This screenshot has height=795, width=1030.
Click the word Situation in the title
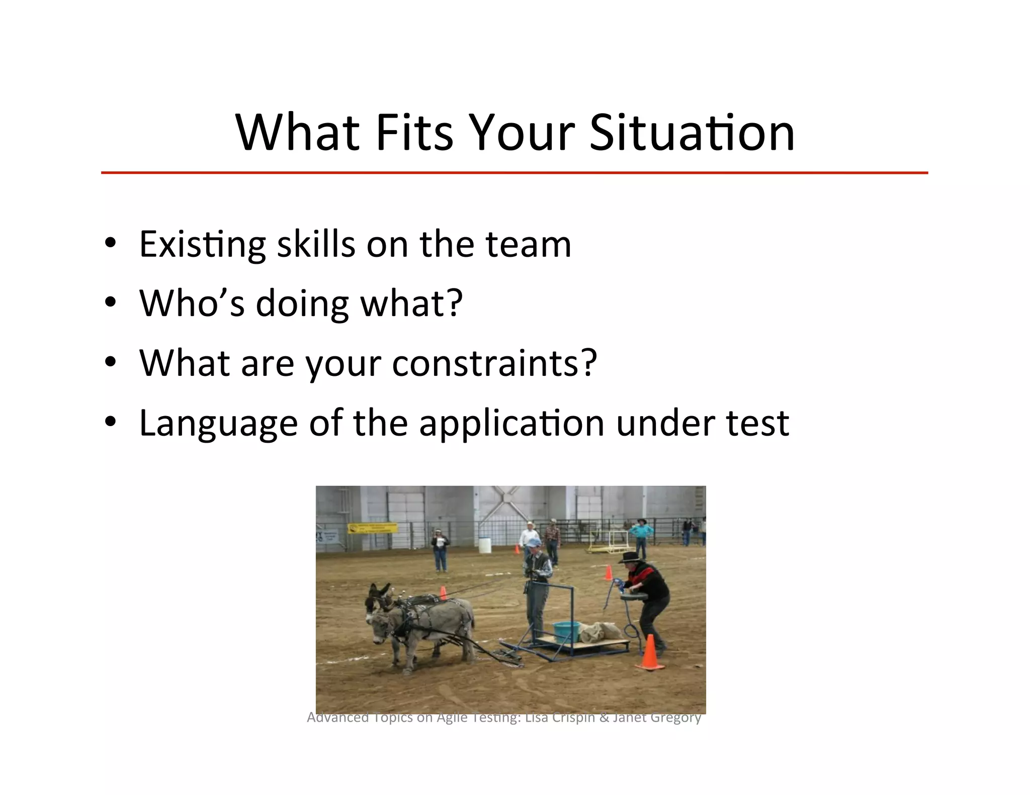coord(692,133)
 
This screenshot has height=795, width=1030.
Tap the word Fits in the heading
coord(414,133)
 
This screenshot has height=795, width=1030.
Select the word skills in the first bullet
coord(316,245)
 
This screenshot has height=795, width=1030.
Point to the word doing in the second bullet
coord(302,304)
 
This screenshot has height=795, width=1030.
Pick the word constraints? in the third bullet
coord(494,363)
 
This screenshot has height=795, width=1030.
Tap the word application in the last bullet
coord(511,424)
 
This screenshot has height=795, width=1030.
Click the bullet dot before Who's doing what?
coord(111,303)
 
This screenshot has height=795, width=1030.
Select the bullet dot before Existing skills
coord(111,243)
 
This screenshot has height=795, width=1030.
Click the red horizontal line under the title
coord(514,173)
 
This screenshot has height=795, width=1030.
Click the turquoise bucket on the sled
coord(566,632)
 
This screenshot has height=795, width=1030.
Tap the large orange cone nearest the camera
coord(650,653)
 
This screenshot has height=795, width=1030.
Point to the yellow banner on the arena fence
coord(372,528)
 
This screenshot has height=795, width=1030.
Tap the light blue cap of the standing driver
coord(534,543)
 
